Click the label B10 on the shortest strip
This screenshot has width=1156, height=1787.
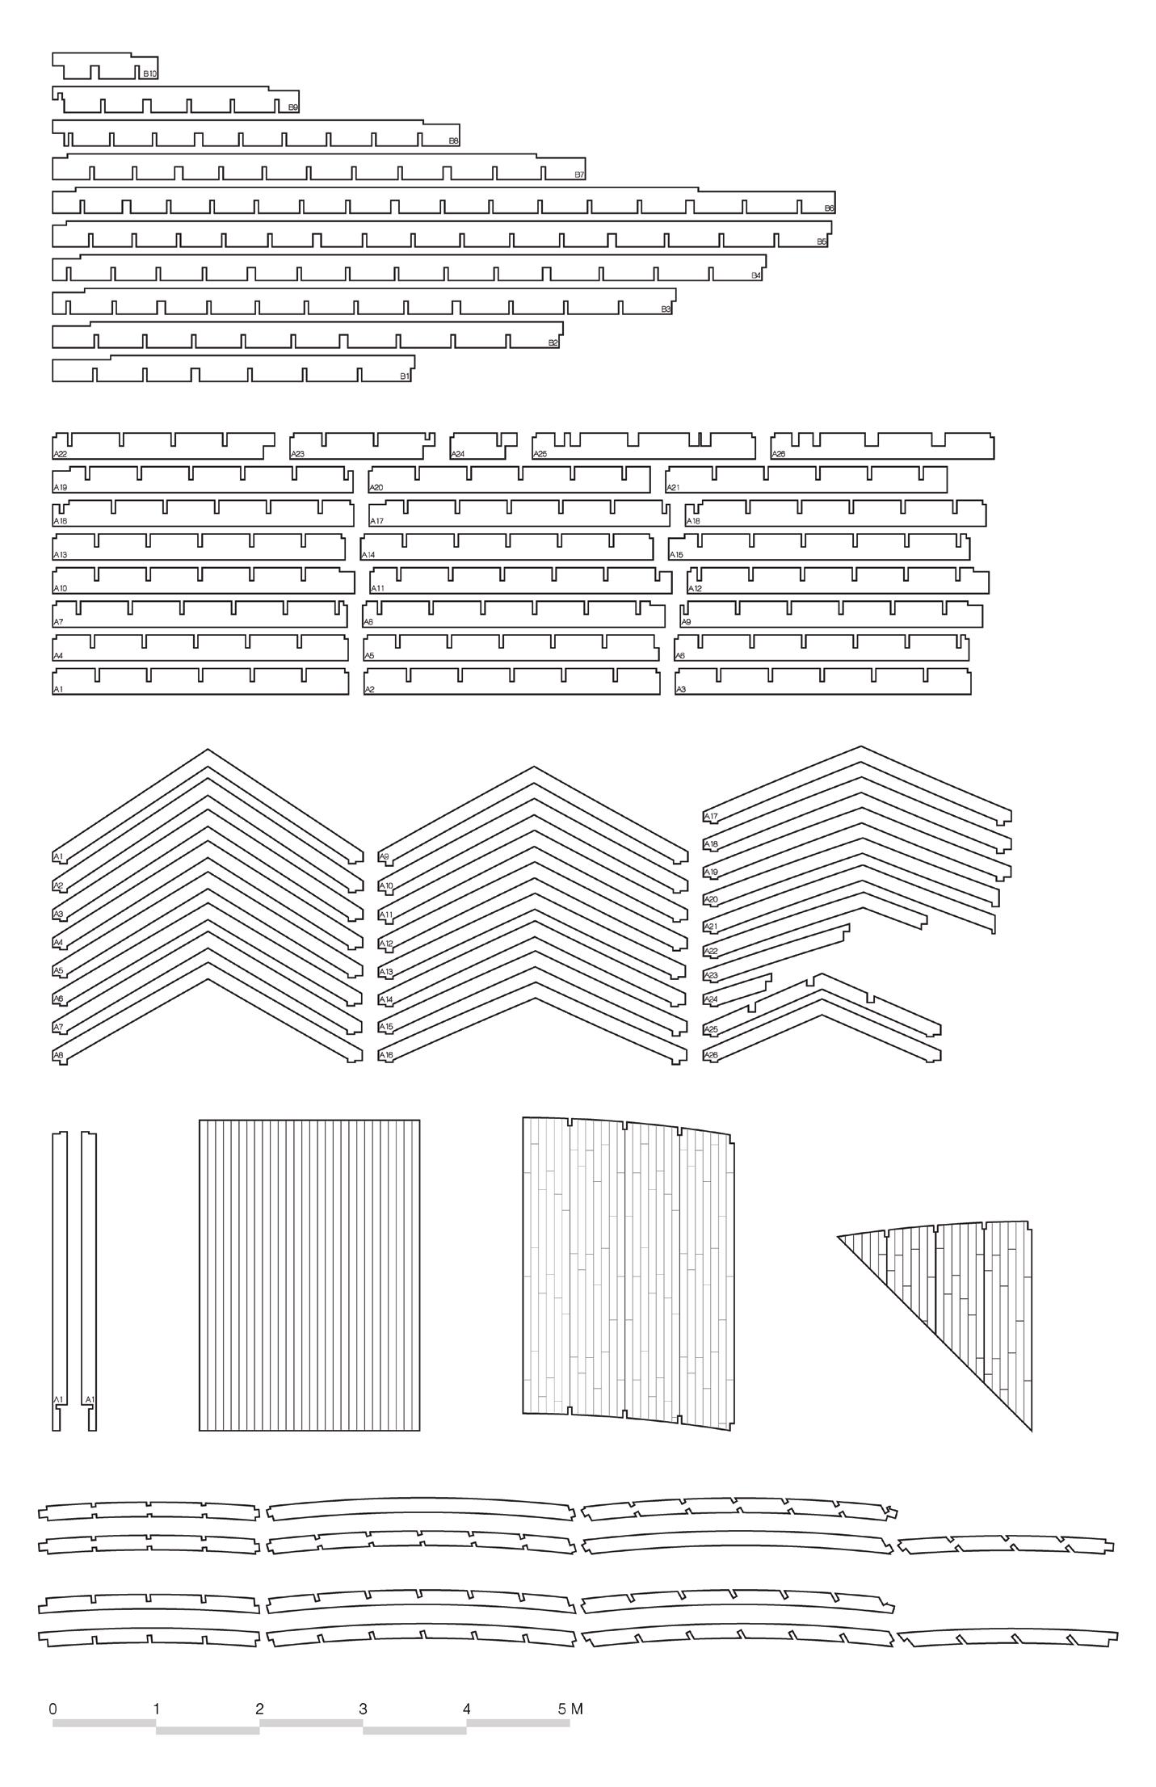[x=150, y=74]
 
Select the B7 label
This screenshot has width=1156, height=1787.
[x=579, y=174]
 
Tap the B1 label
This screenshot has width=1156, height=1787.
[x=405, y=376]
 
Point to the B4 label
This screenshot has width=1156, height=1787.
[x=756, y=275]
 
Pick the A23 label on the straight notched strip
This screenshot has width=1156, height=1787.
[x=297, y=454]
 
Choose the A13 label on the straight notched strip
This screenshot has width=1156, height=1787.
[x=60, y=555]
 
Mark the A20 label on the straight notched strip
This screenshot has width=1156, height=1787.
[x=376, y=488]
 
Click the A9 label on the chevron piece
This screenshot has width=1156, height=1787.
[x=384, y=857]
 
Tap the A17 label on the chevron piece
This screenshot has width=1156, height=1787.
[x=711, y=817]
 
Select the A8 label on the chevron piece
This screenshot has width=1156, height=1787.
[x=58, y=1055]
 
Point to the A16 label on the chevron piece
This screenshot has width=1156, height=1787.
[x=386, y=1055]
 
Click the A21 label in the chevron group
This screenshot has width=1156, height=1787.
[x=711, y=926]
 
